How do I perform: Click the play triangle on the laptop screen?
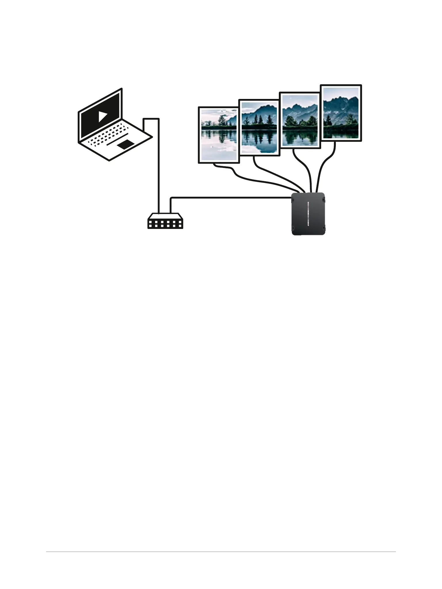tap(102, 116)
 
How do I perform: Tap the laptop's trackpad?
tap(125, 145)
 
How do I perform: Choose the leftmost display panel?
tap(219, 135)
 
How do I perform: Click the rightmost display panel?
tap(341, 113)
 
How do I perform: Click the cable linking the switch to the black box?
tap(230, 198)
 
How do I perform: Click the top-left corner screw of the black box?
tap(293, 199)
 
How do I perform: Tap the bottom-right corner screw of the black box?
tap(323, 229)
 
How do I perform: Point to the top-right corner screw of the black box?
tap(323, 199)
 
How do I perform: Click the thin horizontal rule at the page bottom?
tap(221, 552)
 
